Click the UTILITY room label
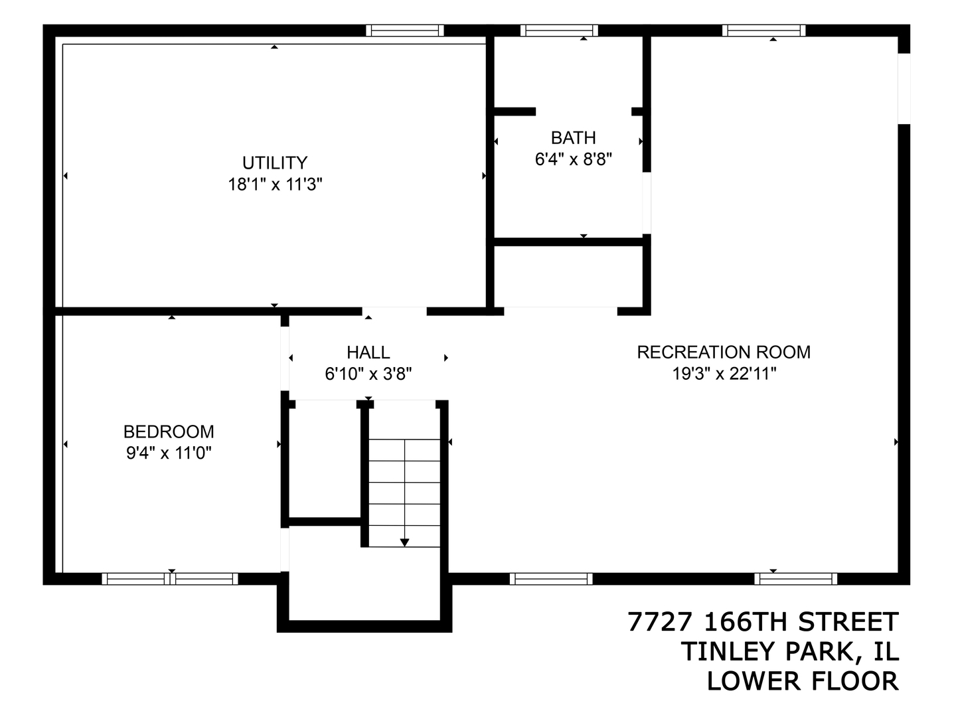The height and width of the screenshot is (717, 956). coord(274,163)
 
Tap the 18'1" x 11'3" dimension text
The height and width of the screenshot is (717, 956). coord(275,185)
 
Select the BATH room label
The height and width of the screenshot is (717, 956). coord(573,137)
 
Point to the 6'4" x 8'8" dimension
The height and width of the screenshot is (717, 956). coord(573,159)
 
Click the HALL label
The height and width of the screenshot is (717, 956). coord(368,352)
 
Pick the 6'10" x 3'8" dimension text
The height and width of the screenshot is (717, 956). coord(368,374)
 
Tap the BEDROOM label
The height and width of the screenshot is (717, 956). coord(169,432)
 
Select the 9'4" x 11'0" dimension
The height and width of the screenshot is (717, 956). coord(169,453)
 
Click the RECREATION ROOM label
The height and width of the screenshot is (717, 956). coord(724,352)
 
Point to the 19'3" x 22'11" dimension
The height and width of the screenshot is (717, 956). coord(724,374)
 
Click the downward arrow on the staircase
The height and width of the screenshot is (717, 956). coord(404,541)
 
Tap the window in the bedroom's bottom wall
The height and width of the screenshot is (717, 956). coord(170,579)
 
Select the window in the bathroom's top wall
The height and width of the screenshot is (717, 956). coord(559,31)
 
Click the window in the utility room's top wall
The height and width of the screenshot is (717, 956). coord(404,31)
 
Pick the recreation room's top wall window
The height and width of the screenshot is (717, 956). coord(763,31)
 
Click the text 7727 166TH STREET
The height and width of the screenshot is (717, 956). coord(763,622)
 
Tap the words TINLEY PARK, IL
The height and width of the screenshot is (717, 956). coord(789,651)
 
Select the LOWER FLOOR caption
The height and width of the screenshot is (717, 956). coord(802,681)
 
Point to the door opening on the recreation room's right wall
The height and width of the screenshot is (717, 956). coord(904,88)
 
